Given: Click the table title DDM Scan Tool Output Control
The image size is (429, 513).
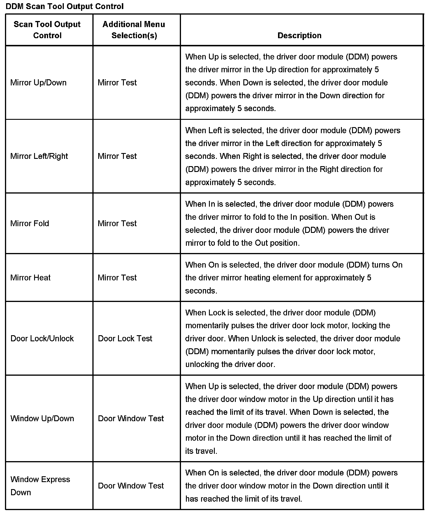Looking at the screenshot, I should [65, 6].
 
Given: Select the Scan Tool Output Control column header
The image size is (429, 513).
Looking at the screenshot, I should [47, 30].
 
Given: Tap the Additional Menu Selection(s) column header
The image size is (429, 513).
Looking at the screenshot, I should [134, 30].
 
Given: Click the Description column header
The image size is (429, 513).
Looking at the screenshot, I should [299, 36].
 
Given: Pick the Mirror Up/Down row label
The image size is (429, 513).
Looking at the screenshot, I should [38, 83].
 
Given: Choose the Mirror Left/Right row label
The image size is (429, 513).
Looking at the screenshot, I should [39, 156].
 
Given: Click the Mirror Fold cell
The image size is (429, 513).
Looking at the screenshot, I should [30, 224].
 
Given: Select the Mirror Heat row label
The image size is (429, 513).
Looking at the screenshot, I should [30, 278].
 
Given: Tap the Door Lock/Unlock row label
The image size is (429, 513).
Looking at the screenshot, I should [42, 339].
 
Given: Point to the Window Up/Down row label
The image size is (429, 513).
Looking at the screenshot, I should [42, 419].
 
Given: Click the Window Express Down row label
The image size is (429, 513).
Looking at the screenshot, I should [40, 486].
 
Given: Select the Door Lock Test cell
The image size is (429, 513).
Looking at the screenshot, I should [125, 339].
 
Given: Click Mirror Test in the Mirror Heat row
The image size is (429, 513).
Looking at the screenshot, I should [117, 278].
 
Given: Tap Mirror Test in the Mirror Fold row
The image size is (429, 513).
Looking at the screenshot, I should [117, 224].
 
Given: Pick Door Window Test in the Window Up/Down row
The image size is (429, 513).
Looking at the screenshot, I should [131, 419].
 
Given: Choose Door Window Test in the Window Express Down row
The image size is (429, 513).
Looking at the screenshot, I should [131, 486].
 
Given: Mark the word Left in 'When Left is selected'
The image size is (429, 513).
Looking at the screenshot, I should [215, 131].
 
